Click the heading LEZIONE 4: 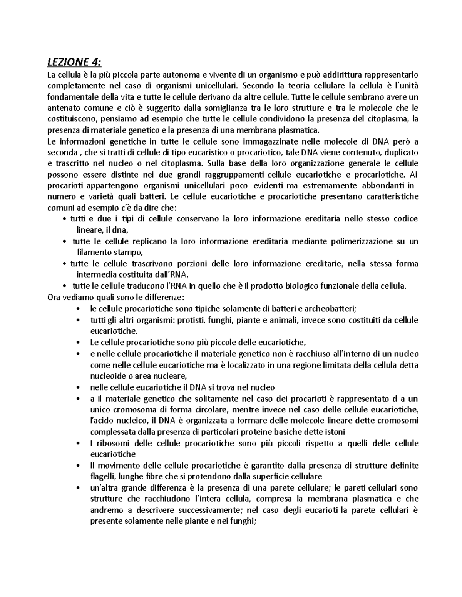[x=75, y=62]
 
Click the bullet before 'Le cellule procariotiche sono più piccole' [x=79, y=343]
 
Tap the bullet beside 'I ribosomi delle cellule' [x=79, y=444]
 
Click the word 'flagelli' [x=102, y=477]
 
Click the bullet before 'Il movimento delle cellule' [x=79, y=466]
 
